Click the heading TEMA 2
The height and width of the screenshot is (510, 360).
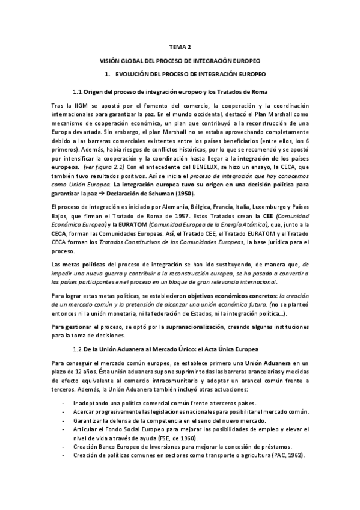pos(180,47)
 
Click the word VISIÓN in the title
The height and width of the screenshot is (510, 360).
pos(113,61)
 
